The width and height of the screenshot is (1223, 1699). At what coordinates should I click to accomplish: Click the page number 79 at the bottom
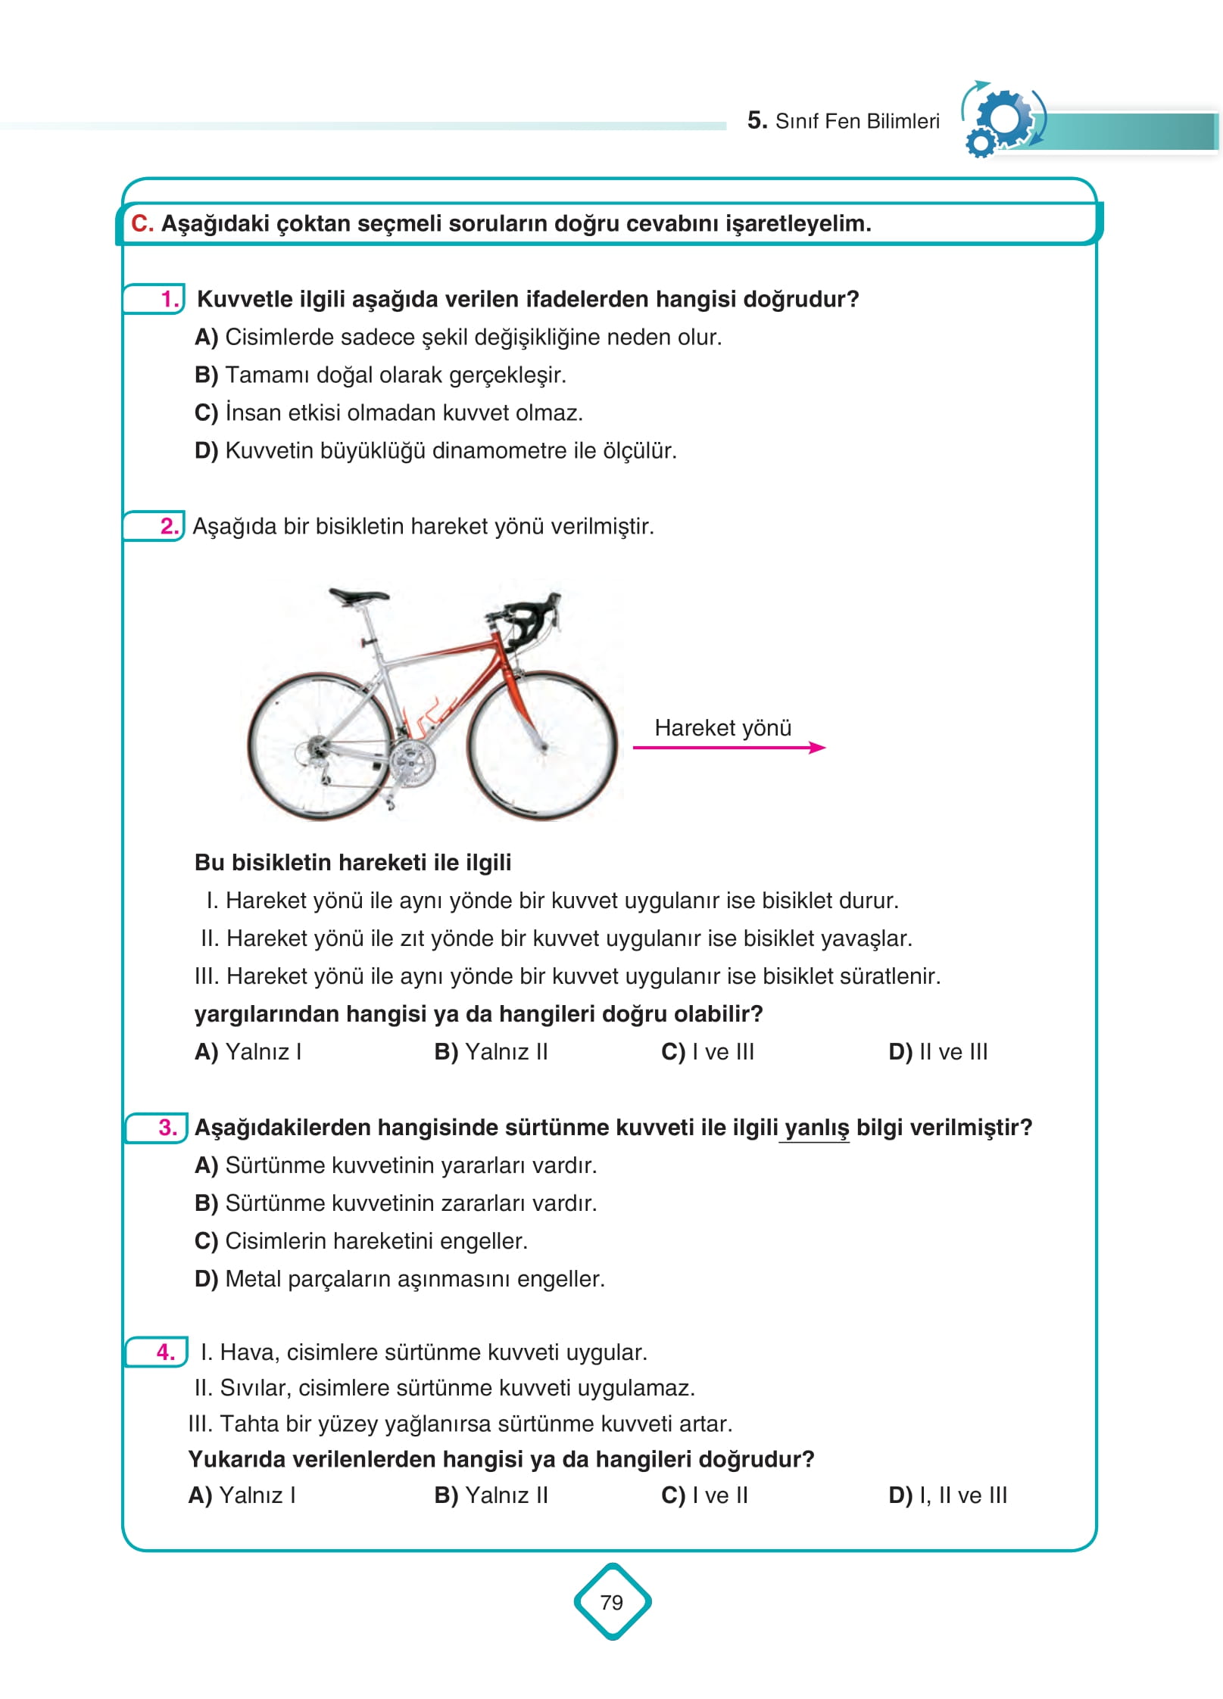611,1602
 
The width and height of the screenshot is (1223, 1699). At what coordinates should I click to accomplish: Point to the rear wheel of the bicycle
322,745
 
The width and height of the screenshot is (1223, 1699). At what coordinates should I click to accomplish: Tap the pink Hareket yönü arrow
728,748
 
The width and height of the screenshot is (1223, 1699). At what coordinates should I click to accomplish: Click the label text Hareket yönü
722,727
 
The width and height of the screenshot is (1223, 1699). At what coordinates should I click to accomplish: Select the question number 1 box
155,299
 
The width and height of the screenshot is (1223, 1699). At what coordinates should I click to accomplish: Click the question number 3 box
157,1128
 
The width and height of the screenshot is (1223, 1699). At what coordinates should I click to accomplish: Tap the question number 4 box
156,1352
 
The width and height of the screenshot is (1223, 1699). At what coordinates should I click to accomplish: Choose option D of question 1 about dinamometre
435,451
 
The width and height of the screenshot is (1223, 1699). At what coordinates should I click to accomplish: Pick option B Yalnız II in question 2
491,1052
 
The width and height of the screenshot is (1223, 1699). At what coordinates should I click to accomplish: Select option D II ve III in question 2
938,1052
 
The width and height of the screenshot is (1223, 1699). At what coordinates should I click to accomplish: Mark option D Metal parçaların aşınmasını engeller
400,1279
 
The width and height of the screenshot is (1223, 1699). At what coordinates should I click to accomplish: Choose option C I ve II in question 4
704,1495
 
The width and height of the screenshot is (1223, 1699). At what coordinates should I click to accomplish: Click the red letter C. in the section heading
142,223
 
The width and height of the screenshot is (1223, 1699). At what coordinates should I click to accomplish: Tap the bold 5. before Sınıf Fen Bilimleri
757,120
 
